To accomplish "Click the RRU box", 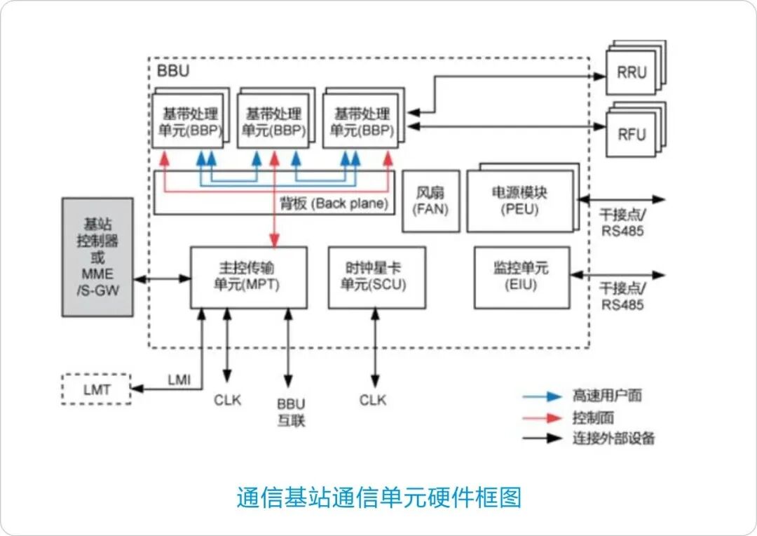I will [632, 72].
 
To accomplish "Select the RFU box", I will [632, 134].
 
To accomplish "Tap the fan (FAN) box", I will [430, 201].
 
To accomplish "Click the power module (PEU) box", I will [519, 201].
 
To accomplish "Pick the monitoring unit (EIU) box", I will [521, 277].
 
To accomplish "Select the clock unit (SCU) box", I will [376, 277].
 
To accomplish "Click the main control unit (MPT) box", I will [248, 277].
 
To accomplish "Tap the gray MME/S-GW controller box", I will [97, 257].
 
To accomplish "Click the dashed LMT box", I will [97, 389].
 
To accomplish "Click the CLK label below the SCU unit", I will [373, 400].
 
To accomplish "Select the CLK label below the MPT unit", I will [227, 400].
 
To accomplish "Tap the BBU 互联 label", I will [291, 412].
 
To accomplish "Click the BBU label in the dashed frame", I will [173, 71].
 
